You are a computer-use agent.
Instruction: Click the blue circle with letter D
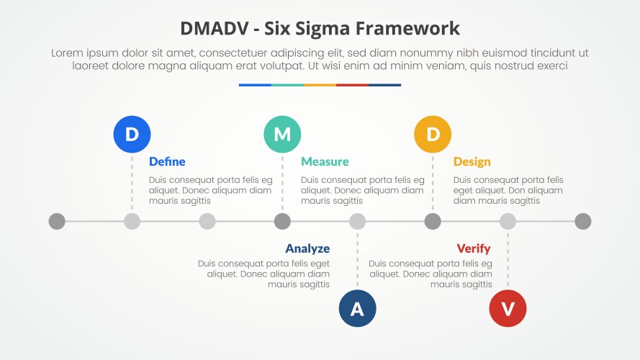tap(132, 134)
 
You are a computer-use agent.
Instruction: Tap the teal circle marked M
tap(282, 134)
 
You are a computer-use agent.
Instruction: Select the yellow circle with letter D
tap(433, 134)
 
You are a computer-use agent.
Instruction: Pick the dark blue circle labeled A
tap(357, 309)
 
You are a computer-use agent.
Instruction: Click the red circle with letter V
tap(508, 309)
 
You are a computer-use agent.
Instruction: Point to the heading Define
tap(167, 161)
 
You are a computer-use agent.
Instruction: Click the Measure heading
tap(325, 161)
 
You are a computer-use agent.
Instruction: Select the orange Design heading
tap(472, 161)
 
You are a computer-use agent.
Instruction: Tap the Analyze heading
tap(307, 248)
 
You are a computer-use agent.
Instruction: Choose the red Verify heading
tap(474, 248)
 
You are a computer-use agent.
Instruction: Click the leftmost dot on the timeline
tap(57, 221)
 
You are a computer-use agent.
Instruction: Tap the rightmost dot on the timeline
tap(583, 221)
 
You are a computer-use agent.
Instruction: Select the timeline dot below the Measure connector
tap(282, 221)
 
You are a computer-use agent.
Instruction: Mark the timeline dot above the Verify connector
tap(508, 221)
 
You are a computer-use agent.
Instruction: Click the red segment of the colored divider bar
tap(352, 85)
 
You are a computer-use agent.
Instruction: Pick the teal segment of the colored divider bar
tap(287, 85)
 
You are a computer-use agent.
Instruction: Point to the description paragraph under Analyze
tap(264, 274)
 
